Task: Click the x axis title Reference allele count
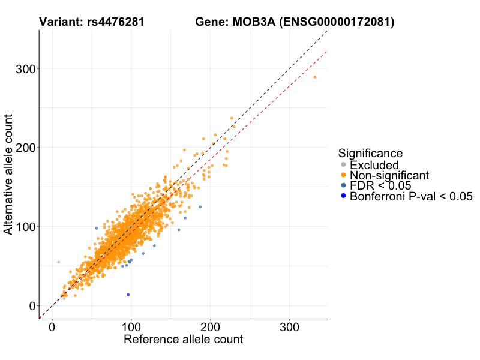[x=183, y=340]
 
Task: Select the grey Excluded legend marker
[x=343, y=165]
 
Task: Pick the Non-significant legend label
[x=389, y=175]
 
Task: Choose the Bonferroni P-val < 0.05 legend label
[x=412, y=196]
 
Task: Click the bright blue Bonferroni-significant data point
[x=128, y=295]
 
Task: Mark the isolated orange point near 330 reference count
[x=314, y=77]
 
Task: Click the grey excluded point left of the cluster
[x=58, y=262]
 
